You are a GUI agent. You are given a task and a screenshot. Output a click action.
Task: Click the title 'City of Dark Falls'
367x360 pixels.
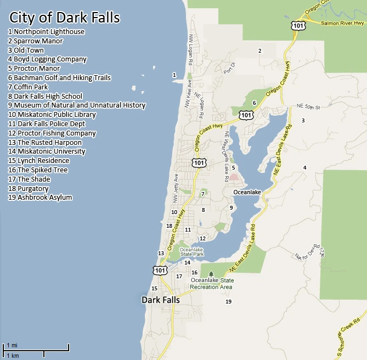[x=64, y=18]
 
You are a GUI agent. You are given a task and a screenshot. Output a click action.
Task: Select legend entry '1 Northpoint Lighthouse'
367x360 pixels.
[x=46, y=32]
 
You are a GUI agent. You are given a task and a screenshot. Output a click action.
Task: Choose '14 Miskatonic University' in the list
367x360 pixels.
[x=47, y=151]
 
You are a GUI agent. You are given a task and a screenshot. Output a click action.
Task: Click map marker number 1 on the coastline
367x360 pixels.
[x=174, y=75]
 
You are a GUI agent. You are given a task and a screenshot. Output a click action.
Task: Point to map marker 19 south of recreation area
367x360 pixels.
[x=228, y=302]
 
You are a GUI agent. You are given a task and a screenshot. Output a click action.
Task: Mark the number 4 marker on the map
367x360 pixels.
[x=304, y=167]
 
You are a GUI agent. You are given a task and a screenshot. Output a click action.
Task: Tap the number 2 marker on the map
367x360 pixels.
[x=259, y=51]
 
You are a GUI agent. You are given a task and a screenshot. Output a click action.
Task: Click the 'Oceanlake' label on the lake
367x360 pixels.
[x=247, y=192]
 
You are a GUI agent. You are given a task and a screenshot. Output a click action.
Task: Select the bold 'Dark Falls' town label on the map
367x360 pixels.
[x=161, y=300]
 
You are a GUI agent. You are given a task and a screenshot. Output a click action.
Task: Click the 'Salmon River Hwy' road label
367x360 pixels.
[x=342, y=24]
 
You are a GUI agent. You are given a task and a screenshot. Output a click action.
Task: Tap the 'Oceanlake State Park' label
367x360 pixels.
[x=191, y=252]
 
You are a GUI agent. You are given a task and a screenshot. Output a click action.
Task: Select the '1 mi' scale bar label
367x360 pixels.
[x=12, y=345]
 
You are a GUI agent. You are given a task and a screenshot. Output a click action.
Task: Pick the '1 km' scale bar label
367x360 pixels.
[x=13, y=356]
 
